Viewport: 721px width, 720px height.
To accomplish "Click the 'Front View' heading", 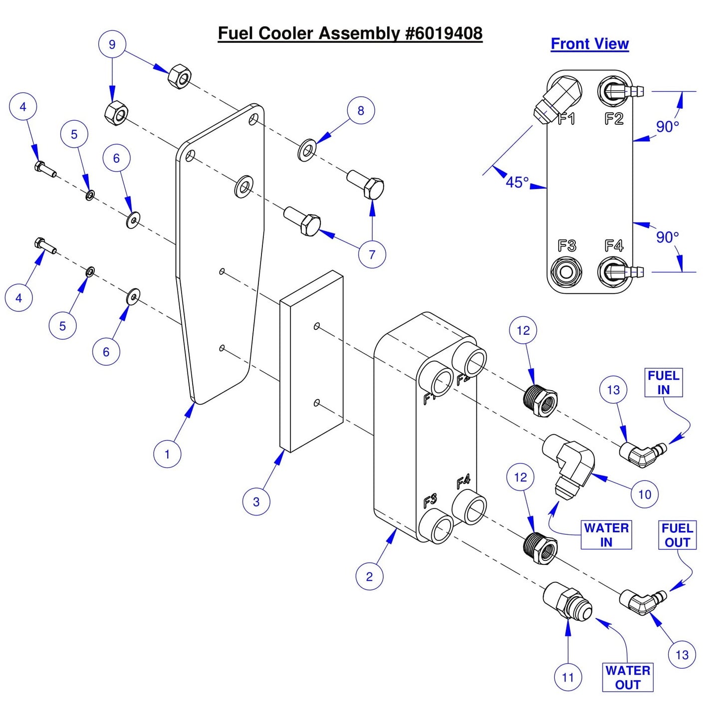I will [x=589, y=44].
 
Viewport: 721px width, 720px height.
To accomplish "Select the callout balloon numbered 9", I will [x=112, y=44].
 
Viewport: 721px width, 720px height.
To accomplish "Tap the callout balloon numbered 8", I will [x=361, y=111].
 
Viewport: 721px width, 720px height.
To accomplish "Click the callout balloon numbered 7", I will [x=372, y=254].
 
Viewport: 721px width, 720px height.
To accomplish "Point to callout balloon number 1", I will [x=167, y=454].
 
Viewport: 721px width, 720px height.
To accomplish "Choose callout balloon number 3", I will [x=256, y=501].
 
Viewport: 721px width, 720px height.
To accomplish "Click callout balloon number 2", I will [x=369, y=576].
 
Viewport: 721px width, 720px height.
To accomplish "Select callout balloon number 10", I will [x=645, y=494].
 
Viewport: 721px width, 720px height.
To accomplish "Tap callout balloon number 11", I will [x=568, y=677].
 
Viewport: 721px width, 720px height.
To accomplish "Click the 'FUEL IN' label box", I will [x=663, y=383].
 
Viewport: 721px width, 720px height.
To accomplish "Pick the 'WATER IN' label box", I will [x=606, y=535].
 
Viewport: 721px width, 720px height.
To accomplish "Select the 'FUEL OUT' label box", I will [x=677, y=535].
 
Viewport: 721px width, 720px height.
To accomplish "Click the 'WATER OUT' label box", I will [x=628, y=677].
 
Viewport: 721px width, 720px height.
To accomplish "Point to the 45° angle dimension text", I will [x=517, y=182].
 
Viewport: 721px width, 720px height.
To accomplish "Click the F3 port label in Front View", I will [x=567, y=245].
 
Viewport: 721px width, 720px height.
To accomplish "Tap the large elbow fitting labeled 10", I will [x=569, y=462].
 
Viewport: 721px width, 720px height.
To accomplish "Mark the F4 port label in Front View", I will [x=614, y=245].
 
